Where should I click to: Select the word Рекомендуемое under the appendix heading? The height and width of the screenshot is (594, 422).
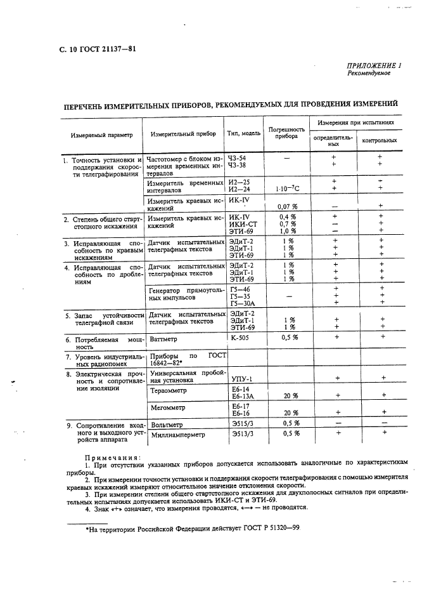point(369,73)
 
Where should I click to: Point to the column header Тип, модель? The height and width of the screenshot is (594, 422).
point(244,134)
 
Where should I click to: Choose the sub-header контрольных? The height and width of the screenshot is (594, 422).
point(379,140)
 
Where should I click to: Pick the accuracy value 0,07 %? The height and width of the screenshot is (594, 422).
point(288,206)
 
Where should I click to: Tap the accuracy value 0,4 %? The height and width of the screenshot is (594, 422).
point(288,217)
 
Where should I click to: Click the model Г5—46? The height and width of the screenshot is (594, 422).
point(240,289)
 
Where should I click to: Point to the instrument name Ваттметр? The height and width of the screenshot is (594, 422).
point(162,339)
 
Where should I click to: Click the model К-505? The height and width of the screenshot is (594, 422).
point(240,338)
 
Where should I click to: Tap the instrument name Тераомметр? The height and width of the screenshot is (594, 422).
point(170,391)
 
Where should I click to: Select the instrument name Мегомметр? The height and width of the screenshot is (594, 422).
point(169,409)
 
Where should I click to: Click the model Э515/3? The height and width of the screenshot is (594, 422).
point(243,423)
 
